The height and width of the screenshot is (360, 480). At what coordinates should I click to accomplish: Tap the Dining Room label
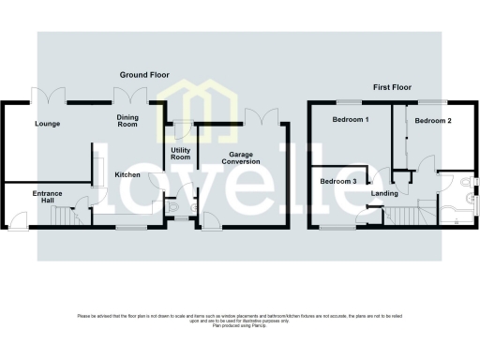click(x=127, y=121)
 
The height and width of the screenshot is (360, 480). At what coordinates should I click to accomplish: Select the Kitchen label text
click(x=127, y=174)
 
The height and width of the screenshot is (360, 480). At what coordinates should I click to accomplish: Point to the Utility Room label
click(x=181, y=154)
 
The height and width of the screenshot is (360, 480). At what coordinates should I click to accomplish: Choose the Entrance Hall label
click(x=47, y=197)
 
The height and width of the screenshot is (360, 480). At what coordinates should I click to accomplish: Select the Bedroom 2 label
click(x=434, y=121)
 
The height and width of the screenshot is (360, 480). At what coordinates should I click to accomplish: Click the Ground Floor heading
click(x=142, y=74)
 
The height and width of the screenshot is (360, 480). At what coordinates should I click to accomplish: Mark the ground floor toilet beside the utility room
click(x=172, y=206)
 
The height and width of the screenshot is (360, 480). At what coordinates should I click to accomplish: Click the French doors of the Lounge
click(x=48, y=96)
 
